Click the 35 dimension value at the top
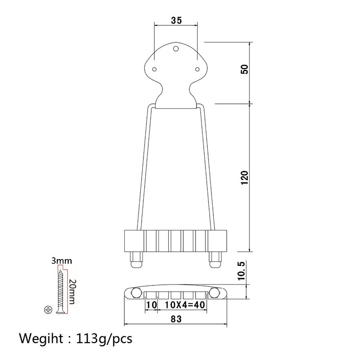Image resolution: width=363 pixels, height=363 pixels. (177, 20)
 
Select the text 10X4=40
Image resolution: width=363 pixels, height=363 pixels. (185, 304)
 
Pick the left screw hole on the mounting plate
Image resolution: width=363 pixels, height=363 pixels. (154, 69)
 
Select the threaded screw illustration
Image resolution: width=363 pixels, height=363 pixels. (59, 290)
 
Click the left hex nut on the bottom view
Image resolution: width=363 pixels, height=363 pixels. (135, 294)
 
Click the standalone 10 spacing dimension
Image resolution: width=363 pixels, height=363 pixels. (151, 304)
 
